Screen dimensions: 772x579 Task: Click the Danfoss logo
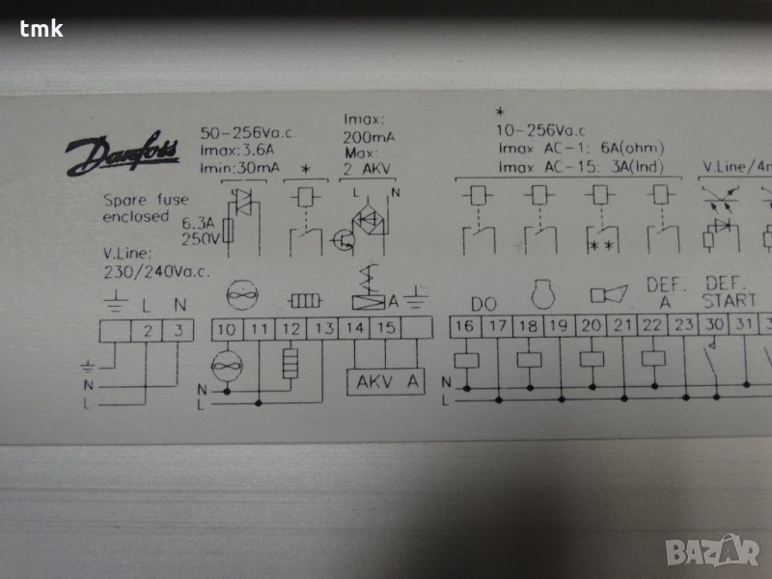coord(123,153)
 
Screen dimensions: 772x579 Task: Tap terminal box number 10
coord(228,329)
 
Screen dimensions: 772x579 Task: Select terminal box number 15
coord(386,327)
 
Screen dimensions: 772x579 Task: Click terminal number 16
coord(465,326)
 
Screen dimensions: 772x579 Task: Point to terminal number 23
coord(683,325)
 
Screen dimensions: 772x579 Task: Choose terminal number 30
coord(714,324)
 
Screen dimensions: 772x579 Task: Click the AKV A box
coord(385,382)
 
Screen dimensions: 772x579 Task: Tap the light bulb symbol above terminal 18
coord(543,294)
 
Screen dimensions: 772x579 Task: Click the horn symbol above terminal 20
coord(609,294)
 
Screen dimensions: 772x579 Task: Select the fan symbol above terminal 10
coord(242,295)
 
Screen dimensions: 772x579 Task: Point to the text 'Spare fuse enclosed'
coord(146,208)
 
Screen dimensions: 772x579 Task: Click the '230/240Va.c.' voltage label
coord(156,272)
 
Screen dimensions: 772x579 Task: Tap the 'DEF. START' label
coord(729,292)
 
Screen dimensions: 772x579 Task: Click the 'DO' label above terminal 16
coord(483,304)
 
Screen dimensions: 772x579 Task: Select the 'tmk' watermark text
coord(41,29)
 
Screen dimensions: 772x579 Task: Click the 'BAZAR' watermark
coord(712,550)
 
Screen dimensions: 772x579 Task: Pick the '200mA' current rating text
coord(369,137)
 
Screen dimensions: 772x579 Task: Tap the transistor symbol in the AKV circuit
coord(344,240)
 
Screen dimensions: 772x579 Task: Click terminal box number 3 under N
coord(179,330)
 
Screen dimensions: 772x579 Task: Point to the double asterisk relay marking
coord(602,245)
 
